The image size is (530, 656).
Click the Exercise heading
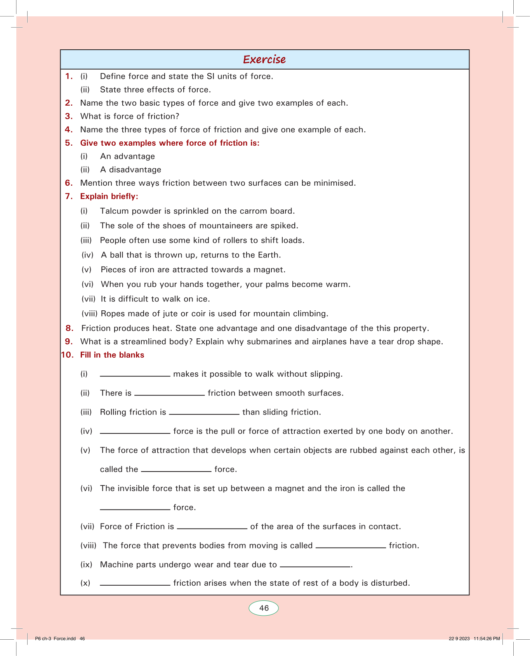point(264,59)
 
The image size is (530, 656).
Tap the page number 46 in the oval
point(264,608)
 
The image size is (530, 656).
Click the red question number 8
point(69,328)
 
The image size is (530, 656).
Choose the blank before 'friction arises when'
point(135,585)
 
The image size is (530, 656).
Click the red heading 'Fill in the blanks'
point(112,355)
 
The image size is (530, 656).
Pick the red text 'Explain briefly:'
point(109,197)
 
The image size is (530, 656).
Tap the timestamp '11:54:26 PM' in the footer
point(487,639)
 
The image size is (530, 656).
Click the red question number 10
point(67,355)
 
